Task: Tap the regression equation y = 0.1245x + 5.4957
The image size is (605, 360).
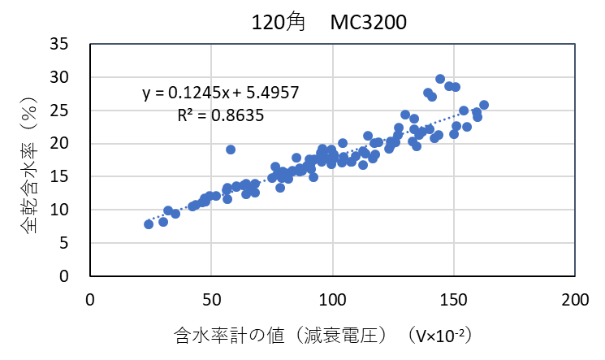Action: pos(221,93)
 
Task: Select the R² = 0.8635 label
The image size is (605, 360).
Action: pos(220,115)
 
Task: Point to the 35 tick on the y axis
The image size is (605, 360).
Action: pos(68,44)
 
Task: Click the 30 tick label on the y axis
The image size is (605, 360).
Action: pos(68,77)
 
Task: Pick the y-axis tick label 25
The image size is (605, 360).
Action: pos(68,111)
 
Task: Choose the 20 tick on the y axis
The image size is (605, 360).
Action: pos(68,144)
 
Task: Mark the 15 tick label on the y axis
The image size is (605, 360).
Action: pos(68,177)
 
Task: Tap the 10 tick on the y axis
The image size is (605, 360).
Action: pos(68,210)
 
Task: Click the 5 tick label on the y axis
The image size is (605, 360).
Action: pos(72,243)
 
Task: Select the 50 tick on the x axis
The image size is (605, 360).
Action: pos(211,299)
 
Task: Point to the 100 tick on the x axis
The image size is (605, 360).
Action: pos(332,299)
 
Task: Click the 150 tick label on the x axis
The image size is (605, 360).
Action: pos(453,299)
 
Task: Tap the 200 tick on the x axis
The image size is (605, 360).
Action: pos(574,299)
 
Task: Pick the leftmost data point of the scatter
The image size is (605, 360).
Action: pos(149,223)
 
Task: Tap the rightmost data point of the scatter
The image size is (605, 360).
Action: pos(484,105)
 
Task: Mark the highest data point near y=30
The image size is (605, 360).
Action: pos(440,79)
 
